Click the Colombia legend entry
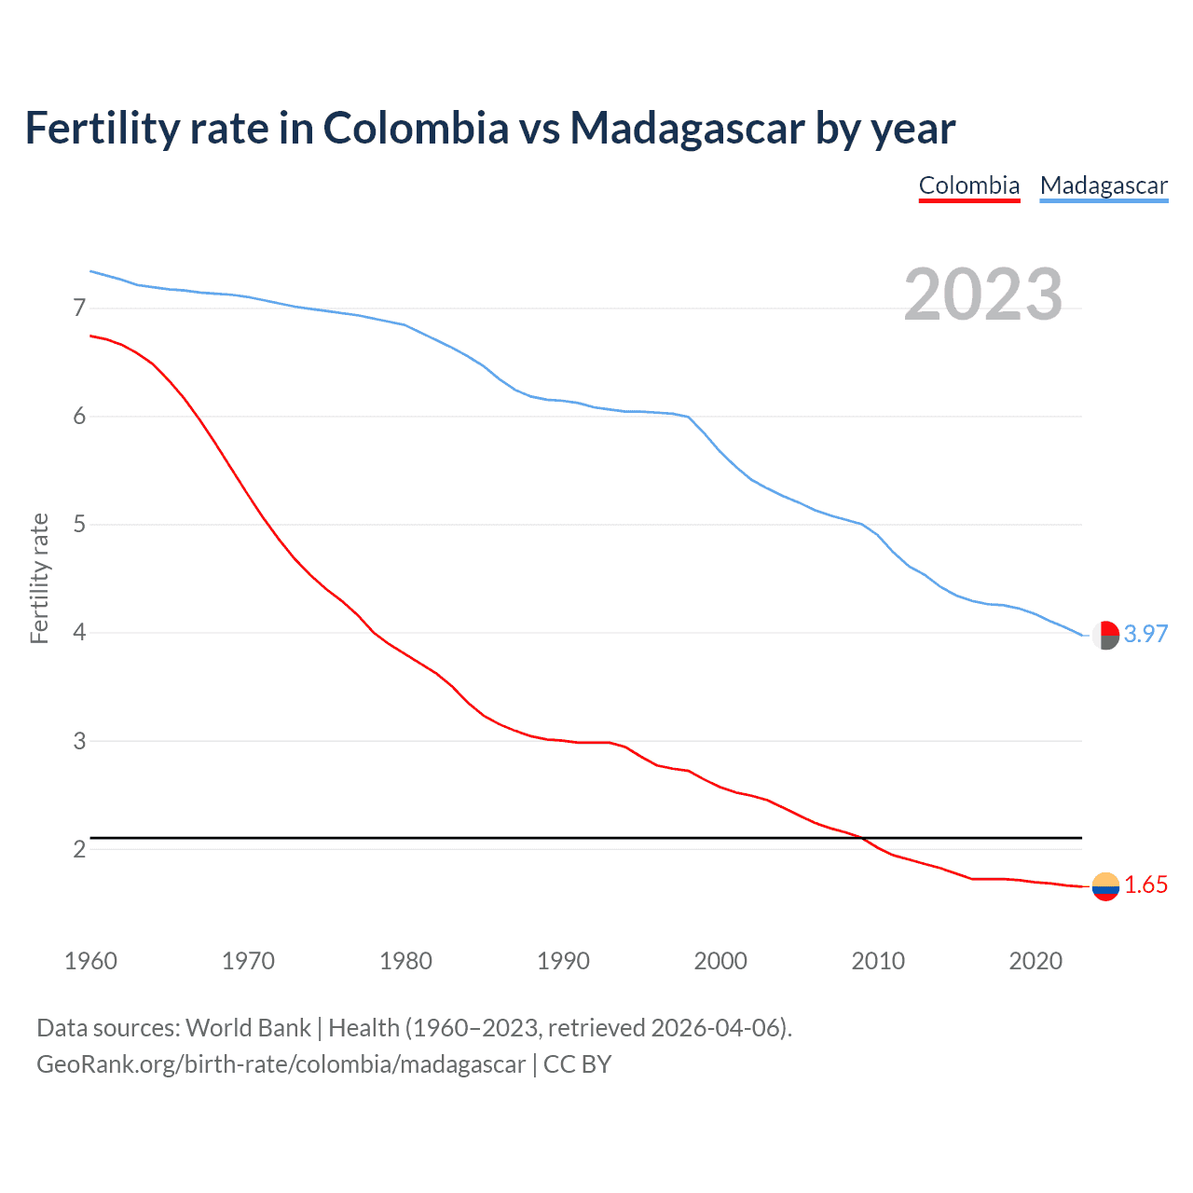click(969, 185)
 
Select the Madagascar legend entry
click(1104, 185)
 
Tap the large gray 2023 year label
click(983, 295)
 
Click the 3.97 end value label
click(1145, 634)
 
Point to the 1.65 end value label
click(1145, 884)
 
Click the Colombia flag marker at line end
click(1105, 886)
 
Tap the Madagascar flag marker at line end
click(1105, 635)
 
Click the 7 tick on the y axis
click(79, 308)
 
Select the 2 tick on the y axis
click(79, 849)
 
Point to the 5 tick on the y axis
click(79, 524)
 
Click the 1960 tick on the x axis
click(90, 961)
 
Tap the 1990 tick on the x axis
click(563, 961)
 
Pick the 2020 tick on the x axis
click(1035, 961)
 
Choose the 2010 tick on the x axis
click(878, 961)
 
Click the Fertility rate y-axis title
click(39, 578)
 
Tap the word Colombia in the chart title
click(416, 128)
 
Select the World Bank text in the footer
click(248, 1028)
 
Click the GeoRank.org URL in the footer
click(281, 1064)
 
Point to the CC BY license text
click(577, 1064)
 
